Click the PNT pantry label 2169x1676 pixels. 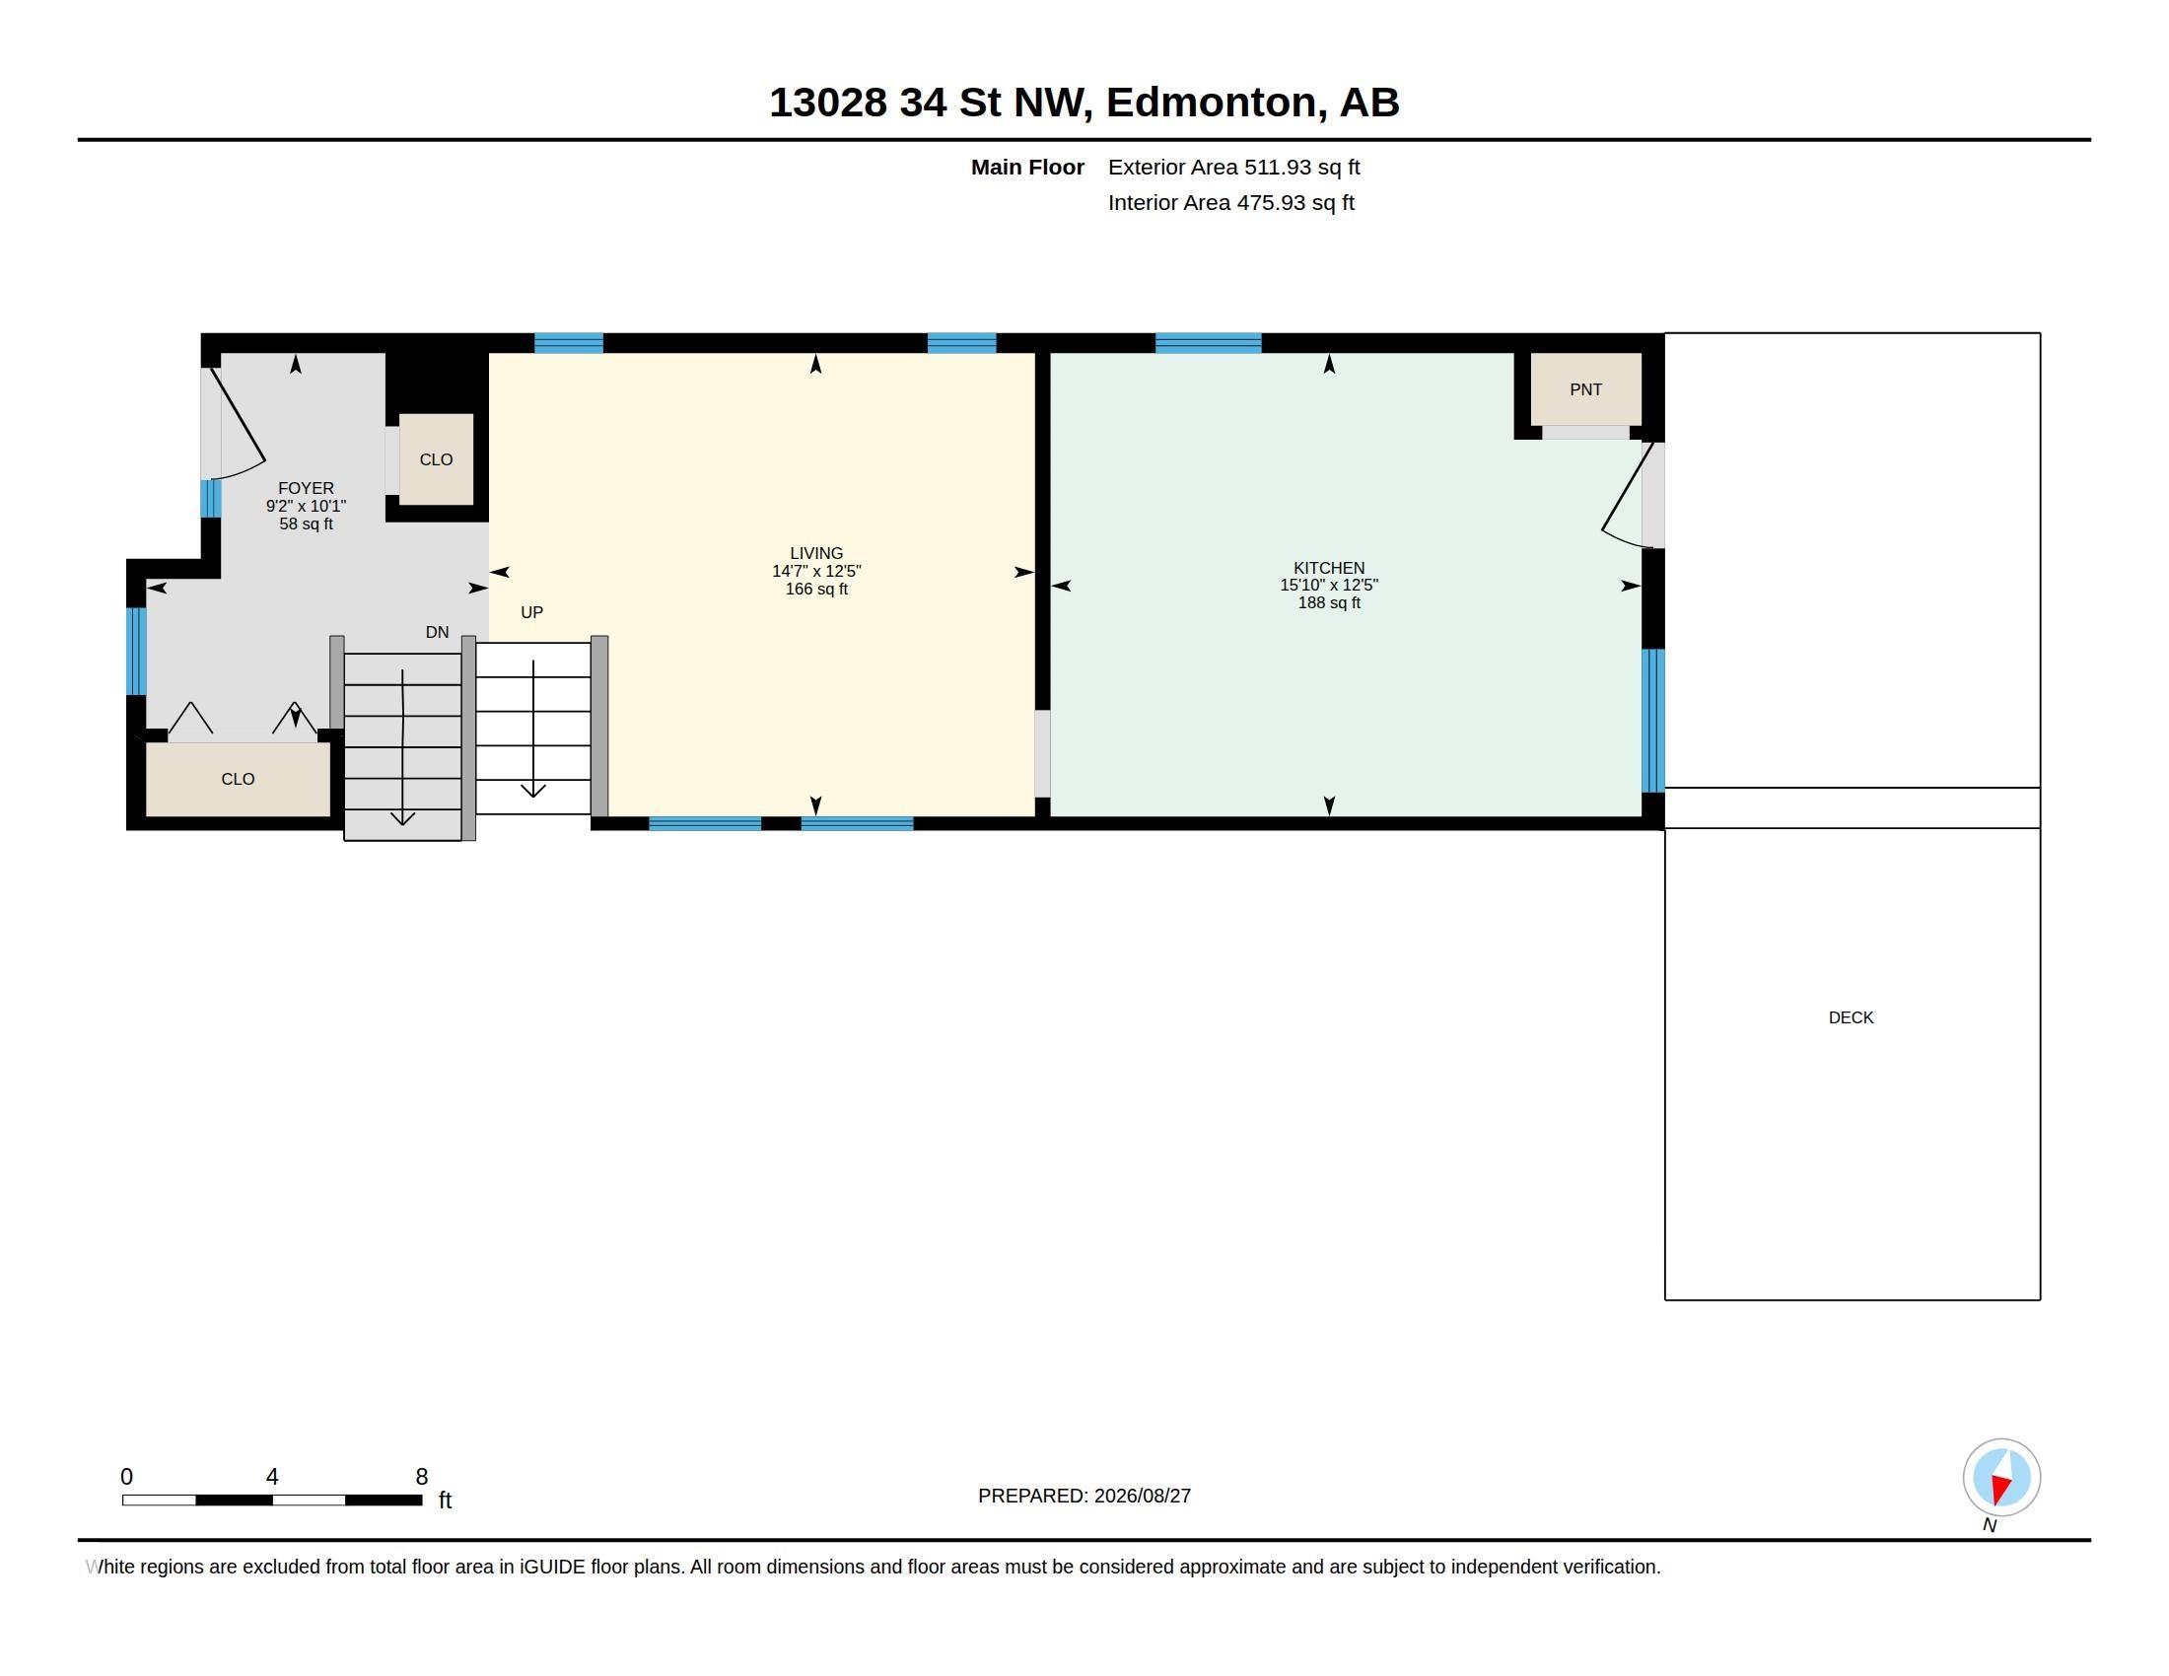[1585, 390]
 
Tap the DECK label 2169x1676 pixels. [1852, 1017]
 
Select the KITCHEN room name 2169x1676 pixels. [1329, 568]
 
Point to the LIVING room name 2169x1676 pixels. [816, 553]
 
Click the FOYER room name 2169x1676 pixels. [306, 487]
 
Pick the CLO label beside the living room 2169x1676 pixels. [436, 459]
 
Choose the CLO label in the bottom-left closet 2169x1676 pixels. [238, 780]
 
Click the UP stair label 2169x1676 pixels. [531, 612]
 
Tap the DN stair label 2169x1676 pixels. [437, 633]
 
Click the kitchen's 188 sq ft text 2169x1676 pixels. [1329, 602]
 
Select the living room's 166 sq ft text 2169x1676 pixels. [816, 589]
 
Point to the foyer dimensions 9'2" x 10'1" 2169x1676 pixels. [306, 506]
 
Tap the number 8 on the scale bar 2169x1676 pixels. [421, 1477]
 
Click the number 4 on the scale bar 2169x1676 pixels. [272, 1477]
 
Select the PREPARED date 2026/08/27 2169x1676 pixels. [1142, 1496]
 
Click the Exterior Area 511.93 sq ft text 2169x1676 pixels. [1233, 167]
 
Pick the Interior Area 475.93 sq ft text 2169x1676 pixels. [1230, 202]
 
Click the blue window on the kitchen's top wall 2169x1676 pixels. [1208, 343]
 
